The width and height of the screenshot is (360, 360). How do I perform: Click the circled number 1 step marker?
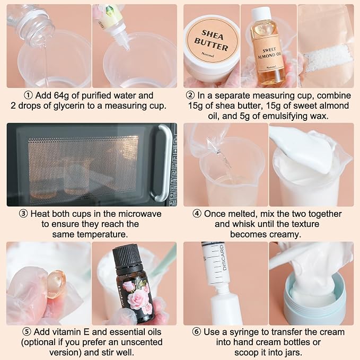click(x=28, y=95)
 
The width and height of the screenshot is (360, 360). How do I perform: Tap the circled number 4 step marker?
click(x=197, y=214)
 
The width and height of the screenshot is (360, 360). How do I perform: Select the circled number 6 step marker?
click(x=196, y=332)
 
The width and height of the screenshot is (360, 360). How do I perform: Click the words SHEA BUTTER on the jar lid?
click(x=211, y=40)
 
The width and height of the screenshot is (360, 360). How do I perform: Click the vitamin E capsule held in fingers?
click(x=57, y=284)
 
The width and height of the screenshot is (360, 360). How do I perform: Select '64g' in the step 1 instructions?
click(x=61, y=95)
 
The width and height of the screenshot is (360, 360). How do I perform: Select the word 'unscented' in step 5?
click(x=141, y=343)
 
